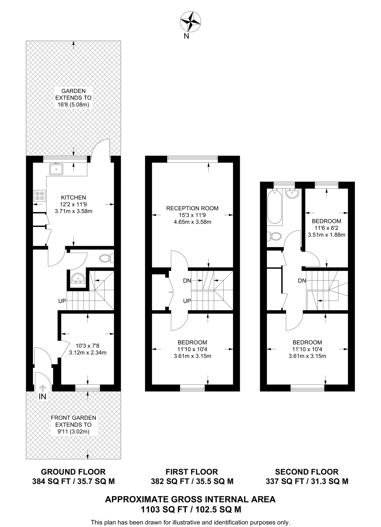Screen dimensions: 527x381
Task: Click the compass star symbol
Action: click(x=190, y=22)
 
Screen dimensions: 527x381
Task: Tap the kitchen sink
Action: click(x=56, y=169)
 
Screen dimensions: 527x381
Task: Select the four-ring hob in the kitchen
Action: click(x=40, y=196)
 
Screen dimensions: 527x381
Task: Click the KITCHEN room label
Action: click(x=73, y=198)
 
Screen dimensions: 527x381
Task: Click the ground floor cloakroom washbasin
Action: click(x=78, y=278)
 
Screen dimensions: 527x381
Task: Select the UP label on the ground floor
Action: click(x=62, y=301)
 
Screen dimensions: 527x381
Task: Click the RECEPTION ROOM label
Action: click(x=192, y=208)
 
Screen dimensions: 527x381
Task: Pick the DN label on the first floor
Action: click(x=187, y=281)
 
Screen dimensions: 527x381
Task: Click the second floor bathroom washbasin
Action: click(x=292, y=193)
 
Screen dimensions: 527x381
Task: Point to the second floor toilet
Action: click(x=275, y=236)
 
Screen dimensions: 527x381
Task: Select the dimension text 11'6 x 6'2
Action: click(x=326, y=228)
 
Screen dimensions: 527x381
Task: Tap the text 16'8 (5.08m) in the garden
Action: click(x=73, y=105)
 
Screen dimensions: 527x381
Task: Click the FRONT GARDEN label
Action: click(x=73, y=418)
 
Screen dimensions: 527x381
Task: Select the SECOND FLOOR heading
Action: click(x=307, y=472)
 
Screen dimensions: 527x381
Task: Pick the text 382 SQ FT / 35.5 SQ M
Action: click(x=192, y=481)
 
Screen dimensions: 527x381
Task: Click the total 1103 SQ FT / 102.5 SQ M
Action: click(x=191, y=509)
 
